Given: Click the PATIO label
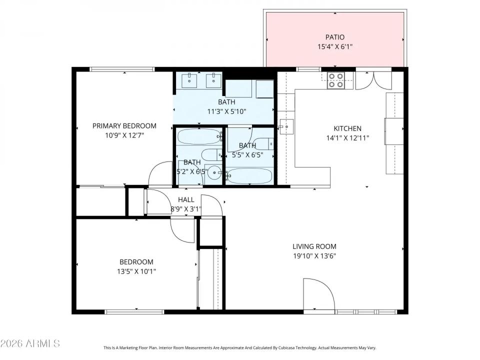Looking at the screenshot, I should click(x=335, y=37).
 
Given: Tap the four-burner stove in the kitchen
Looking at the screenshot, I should click(x=335, y=80).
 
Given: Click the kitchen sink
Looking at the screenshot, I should click(x=286, y=127).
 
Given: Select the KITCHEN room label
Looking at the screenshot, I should click(x=347, y=128).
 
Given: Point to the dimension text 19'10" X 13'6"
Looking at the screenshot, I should click(x=314, y=256).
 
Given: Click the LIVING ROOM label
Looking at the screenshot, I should click(x=314, y=246).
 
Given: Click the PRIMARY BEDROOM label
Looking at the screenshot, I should click(x=124, y=126).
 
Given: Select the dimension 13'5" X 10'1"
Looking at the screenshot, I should click(x=136, y=271).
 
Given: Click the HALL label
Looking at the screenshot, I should click(x=186, y=199).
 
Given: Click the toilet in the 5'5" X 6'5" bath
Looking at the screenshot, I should click(x=263, y=144).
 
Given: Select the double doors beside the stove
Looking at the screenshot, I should click(x=370, y=80).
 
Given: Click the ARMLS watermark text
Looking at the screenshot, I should click(x=30, y=343).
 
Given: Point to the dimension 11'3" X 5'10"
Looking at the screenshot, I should click(x=226, y=111).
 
